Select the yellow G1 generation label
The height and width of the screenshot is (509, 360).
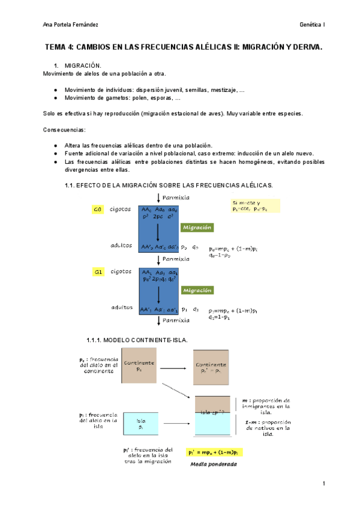coord(98,272)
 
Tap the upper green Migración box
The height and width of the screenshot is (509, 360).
coord(197,227)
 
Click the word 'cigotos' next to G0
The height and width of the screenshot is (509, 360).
coord(121,209)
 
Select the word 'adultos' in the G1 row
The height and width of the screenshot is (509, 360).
coord(121,307)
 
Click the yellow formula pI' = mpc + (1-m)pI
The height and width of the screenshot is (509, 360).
coord(214,452)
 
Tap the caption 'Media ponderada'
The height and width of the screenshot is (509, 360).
coord(214,464)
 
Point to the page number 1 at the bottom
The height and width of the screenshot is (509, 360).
coord(323,484)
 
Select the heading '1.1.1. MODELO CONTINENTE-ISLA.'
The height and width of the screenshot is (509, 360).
coord(137,340)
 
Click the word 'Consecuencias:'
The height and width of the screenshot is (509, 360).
coord(64,130)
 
